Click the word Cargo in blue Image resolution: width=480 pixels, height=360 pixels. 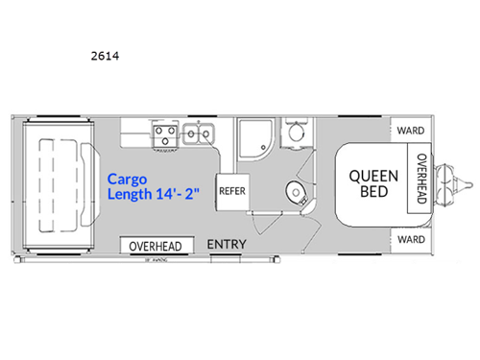coord(126,179)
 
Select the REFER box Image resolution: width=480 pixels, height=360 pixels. coord(232,190)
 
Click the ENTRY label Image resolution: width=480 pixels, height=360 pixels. coord(228,245)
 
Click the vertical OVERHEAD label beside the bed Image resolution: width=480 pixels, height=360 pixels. coord(420,180)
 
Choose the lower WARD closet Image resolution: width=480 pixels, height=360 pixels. coord(411,238)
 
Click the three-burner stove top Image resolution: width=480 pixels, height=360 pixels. coord(163,134)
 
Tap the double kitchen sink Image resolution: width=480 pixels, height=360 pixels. coord(199,134)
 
